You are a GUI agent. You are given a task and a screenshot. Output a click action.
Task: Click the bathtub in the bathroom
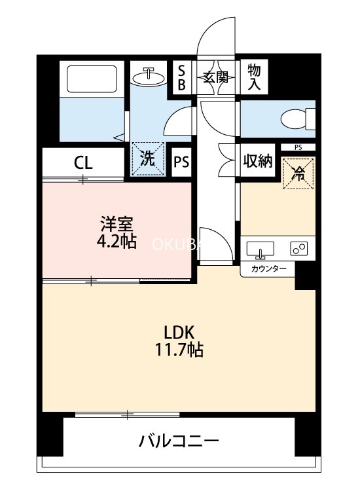coord(92,79)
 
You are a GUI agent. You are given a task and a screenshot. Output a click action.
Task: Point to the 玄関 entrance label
coord(216,77)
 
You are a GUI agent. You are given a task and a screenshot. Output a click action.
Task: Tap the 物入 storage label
coord(254,77)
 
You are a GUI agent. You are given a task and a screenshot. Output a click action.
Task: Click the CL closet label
coord(83,162)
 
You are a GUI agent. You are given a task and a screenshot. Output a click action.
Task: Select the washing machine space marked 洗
coord(148,159)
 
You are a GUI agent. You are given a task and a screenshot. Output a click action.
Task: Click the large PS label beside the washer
coord(181,162)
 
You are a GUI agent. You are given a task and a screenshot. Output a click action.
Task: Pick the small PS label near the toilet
coord(298,147)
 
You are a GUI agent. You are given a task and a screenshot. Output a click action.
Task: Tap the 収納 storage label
coord(258,161)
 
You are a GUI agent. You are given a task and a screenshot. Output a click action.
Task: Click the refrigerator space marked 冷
coord(298,173)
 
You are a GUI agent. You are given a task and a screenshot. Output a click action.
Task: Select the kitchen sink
coord(260,250)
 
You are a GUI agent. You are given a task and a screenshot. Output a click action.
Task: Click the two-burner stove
coord(299,249)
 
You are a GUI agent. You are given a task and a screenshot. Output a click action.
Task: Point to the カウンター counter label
coord(268,268)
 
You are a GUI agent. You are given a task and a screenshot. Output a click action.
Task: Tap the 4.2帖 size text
coord(116,242)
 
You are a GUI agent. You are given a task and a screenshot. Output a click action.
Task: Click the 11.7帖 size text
coord(179,350)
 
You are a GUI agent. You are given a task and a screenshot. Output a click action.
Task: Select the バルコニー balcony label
coord(179,441)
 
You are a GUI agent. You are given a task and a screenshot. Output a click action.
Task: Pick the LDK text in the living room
coord(180,332)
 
